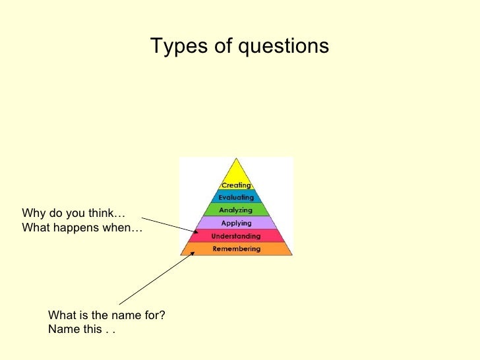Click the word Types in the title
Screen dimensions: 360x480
pos(173,46)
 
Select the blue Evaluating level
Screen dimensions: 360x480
pos(236,197)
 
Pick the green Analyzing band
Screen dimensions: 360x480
pos(236,210)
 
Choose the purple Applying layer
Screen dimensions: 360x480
pos(236,224)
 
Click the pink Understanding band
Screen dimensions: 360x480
pos(236,236)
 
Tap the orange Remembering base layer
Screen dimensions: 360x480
pos(236,249)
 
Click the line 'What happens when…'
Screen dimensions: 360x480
pos(82,228)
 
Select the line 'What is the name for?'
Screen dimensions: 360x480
pos(106,315)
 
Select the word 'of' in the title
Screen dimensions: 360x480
pos(209,46)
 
